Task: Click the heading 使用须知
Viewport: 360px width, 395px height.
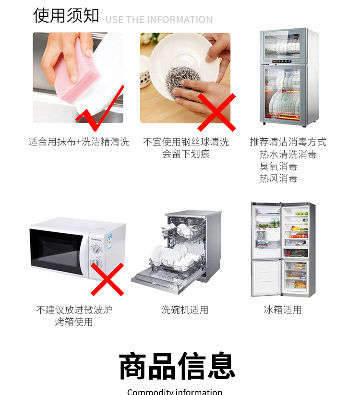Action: point(66,16)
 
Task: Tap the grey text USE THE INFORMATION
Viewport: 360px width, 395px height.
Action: point(159,20)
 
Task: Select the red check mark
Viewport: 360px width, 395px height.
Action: point(100,108)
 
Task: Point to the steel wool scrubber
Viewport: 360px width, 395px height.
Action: point(182,81)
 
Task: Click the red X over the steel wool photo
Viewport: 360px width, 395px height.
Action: point(216,112)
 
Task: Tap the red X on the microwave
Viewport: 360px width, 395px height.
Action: point(108,279)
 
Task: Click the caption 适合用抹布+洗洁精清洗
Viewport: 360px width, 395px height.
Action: point(79,142)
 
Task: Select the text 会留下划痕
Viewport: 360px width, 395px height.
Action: point(186,154)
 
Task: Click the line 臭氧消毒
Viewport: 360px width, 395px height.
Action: point(278,166)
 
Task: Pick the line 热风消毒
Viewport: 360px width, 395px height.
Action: point(278,179)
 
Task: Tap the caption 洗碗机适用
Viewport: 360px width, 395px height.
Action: point(185,310)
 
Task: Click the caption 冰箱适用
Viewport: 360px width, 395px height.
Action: point(283,310)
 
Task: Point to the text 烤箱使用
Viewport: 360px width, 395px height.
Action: point(74,322)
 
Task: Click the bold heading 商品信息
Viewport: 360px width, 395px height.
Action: point(177,366)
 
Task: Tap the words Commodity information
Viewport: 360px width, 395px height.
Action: point(175,392)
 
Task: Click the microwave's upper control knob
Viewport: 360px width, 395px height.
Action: point(96,250)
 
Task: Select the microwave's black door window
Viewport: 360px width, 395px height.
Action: point(57,252)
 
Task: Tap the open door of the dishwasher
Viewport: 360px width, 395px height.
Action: point(161,280)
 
